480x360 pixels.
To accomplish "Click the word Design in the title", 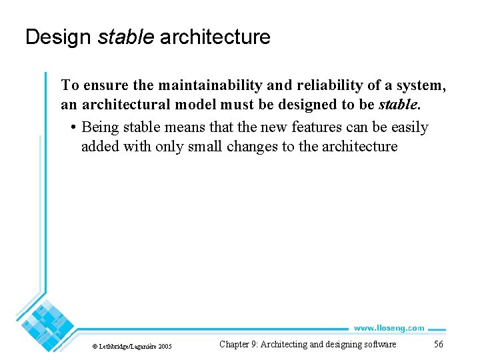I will (58, 37).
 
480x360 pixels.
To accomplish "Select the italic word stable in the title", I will (125, 37).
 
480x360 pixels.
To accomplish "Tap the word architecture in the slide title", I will (215, 37).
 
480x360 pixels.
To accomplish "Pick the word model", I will (198, 105).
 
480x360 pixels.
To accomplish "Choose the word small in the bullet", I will (205, 147).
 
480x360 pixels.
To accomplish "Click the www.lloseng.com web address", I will (389, 328).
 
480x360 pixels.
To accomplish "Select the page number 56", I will (438, 345).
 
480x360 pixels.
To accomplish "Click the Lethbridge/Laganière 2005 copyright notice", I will (132, 346).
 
